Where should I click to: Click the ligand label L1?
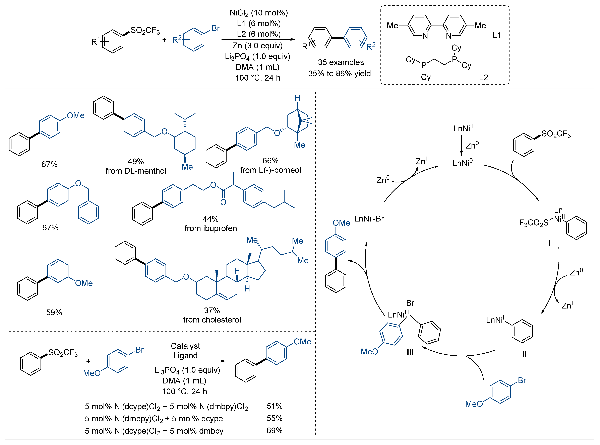[x=496, y=35]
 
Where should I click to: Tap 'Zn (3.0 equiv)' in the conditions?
[x=257, y=46]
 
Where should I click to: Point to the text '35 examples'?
[x=341, y=63]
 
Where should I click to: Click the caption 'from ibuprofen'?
[x=211, y=228]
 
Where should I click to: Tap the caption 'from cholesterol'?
[x=212, y=320]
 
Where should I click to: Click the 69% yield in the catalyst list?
[x=274, y=430]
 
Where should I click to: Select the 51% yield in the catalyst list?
[x=274, y=406]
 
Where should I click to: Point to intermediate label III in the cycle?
[x=410, y=353]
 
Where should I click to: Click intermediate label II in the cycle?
[x=525, y=354]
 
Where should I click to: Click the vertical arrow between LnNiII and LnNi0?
[x=461, y=146]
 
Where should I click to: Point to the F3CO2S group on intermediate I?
[x=534, y=223]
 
